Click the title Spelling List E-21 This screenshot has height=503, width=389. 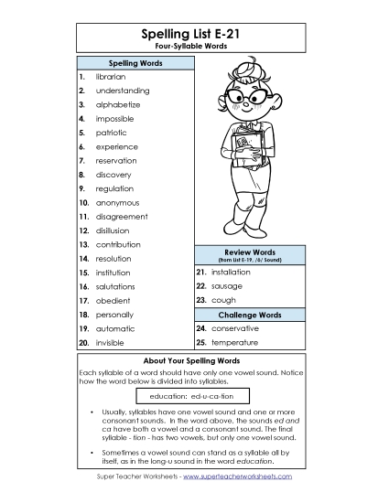tap(193, 34)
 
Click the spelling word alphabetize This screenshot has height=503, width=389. tap(119, 105)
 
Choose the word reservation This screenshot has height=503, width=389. tap(116, 160)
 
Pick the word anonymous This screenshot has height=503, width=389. tap(117, 202)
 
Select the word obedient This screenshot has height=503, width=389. tap(113, 300)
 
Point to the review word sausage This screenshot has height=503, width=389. tap(226, 286)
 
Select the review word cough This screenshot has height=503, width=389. tap(222, 300)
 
